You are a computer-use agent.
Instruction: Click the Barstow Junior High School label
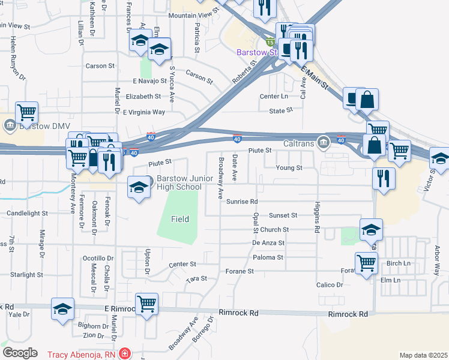(179, 183)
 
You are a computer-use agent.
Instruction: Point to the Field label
(179, 220)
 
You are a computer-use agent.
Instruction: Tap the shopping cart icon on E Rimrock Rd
(146, 304)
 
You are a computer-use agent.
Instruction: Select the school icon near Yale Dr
(62, 309)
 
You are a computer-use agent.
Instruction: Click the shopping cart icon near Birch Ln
(366, 263)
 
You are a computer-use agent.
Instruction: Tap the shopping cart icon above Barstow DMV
(27, 112)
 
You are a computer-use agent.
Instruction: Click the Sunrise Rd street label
(242, 202)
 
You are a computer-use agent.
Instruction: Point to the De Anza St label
(267, 243)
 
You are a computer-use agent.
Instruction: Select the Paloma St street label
(268, 257)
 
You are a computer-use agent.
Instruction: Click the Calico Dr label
(331, 285)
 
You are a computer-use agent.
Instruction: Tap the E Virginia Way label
(143, 112)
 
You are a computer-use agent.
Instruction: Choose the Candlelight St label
(27, 213)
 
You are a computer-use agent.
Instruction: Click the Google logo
(20, 353)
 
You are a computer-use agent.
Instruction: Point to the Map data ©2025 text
(423, 355)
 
